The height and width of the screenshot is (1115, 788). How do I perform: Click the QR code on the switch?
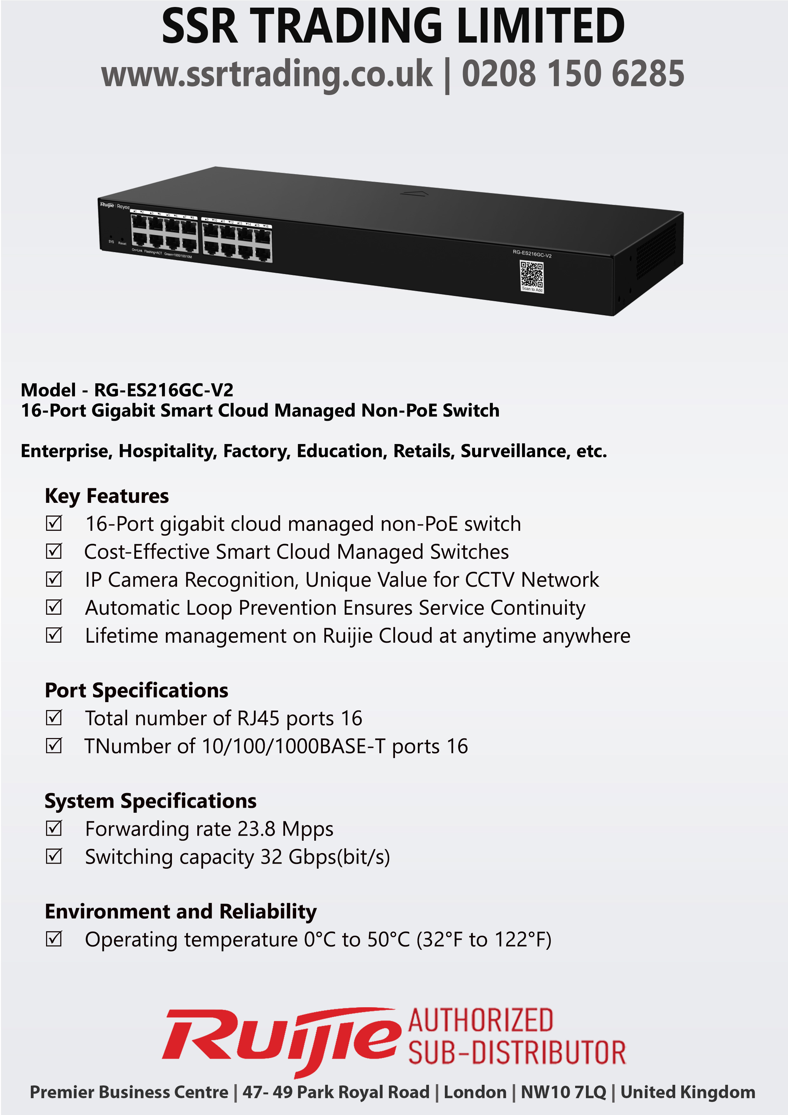pyautogui.click(x=531, y=275)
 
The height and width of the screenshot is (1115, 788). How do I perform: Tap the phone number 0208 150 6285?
pyautogui.click(x=573, y=74)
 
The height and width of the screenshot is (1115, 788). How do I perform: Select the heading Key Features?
pyautogui.click(x=107, y=496)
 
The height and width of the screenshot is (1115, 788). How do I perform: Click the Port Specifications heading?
pyautogui.click(x=136, y=690)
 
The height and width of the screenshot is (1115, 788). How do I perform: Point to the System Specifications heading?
pyautogui.click(x=151, y=801)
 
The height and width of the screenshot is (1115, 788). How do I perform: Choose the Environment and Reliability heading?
pyautogui.click(x=180, y=912)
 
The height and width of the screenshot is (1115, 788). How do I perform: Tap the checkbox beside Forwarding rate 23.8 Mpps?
pyautogui.click(x=54, y=828)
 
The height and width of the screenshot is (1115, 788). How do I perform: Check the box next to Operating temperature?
pyautogui.click(x=54, y=939)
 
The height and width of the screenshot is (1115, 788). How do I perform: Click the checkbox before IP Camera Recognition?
pyautogui.click(x=54, y=579)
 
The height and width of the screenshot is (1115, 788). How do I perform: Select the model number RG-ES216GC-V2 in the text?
pyautogui.click(x=164, y=390)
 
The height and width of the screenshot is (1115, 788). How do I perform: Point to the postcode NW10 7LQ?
pyautogui.click(x=564, y=1092)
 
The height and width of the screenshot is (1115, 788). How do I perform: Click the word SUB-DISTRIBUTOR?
pyautogui.click(x=517, y=1052)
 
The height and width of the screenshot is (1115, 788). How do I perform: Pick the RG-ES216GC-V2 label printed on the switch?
pyautogui.click(x=532, y=254)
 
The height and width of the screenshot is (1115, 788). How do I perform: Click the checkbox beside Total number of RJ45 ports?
pyautogui.click(x=54, y=718)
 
